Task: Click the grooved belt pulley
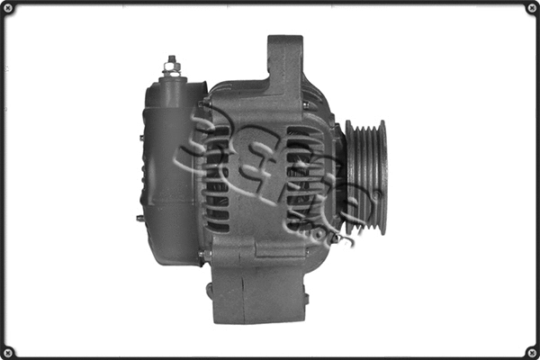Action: point(365,176)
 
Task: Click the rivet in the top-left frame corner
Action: point(9,9)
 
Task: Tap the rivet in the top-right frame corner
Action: point(531,9)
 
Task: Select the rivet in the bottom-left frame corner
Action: point(9,351)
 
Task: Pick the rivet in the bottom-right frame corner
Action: point(531,351)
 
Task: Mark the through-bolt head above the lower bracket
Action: point(206,256)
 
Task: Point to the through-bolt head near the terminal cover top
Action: point(205,103)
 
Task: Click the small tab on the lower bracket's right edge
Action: point(305,298)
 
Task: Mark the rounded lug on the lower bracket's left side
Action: point(209,290)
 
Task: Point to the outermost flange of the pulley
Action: point(383,176)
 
